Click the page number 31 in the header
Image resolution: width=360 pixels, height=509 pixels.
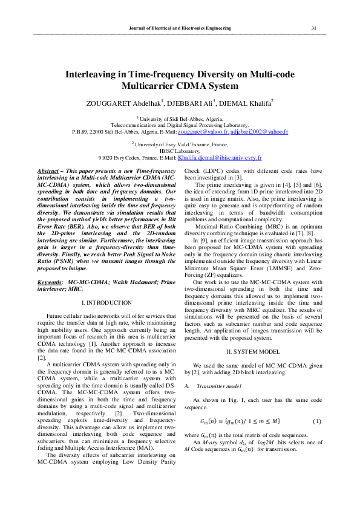313,28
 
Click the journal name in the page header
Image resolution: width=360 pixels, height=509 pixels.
180,28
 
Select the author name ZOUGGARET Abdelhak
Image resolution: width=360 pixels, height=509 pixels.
123,103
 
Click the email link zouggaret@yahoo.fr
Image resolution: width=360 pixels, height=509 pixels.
203,131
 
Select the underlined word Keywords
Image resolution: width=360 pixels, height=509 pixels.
50,282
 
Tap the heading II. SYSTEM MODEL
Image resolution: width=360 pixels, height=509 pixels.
254,351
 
